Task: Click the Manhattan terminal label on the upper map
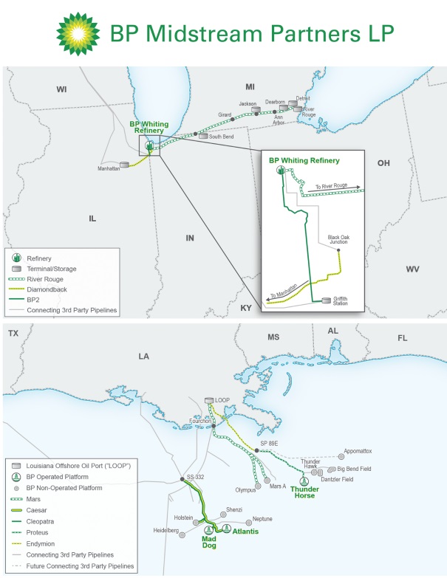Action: (108, 169)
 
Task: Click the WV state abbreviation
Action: (412, 269)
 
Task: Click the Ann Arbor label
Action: (279, 119)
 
